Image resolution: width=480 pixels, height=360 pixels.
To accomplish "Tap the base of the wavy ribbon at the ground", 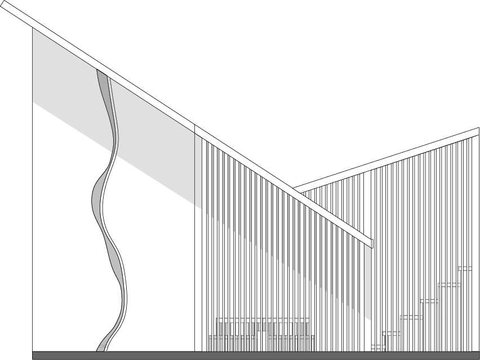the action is tap(101, 348).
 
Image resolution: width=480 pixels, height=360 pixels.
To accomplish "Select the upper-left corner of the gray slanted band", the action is tap(33, 29).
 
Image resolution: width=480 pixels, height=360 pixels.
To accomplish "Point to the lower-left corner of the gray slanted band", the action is tap(33, 102).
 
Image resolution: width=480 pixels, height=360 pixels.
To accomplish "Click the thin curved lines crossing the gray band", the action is tap(110, 107).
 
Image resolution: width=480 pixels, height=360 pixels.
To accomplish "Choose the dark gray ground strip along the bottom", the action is tap(254, 355).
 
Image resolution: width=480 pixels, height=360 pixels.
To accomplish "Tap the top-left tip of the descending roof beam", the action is tap(195, 127).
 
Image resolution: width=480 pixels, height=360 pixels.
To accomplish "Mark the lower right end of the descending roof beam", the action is tap(371, 243).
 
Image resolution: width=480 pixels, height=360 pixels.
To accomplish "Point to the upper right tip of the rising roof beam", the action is tap(478, 130).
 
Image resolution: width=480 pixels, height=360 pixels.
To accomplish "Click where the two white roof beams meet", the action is tap(296, 190).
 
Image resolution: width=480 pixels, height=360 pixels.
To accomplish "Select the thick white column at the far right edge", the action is tap(475, 242).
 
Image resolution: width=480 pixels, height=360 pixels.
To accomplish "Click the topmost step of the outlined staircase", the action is tap(465, 269).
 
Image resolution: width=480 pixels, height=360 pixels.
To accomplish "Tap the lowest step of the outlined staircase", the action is tap(378, 346).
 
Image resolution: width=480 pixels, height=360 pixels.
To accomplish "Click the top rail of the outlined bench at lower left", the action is tap(263, 319).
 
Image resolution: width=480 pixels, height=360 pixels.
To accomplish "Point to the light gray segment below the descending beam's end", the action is tap(368, 282).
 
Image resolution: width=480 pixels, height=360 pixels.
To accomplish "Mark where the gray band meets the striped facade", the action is tap(198, 169).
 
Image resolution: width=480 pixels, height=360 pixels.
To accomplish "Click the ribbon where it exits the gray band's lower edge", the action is tap(113, 153).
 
